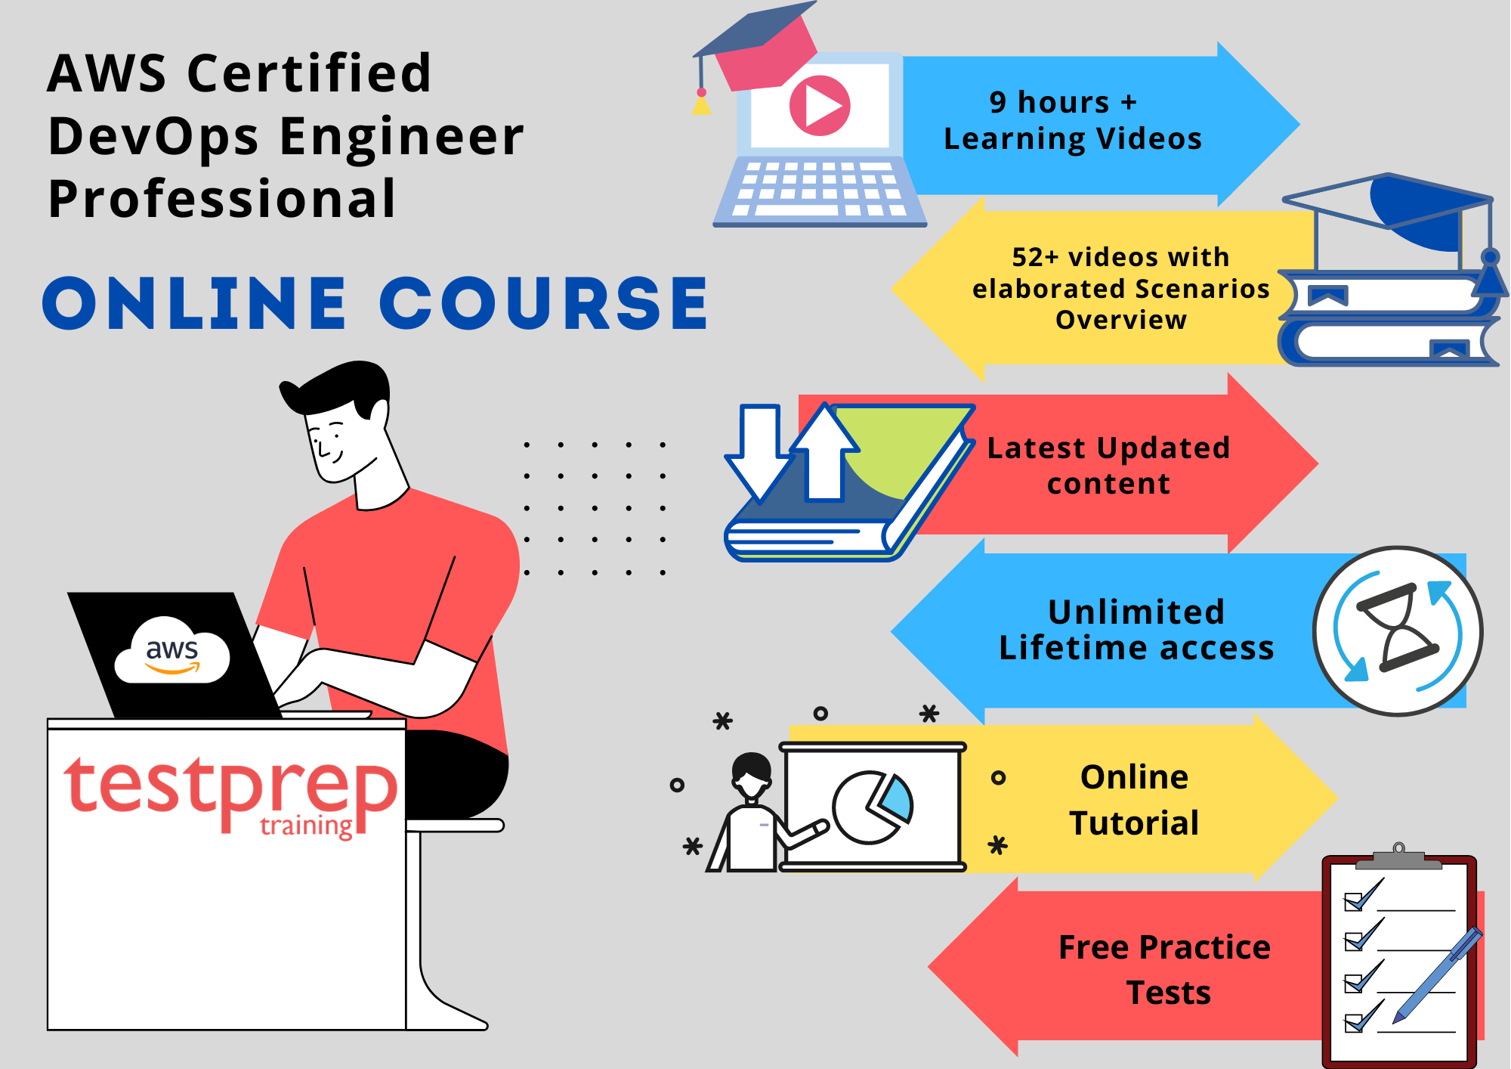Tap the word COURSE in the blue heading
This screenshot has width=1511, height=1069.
(543, 303)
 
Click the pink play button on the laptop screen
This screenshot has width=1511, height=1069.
(820, 106)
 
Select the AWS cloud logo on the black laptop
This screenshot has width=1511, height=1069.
(172, 650)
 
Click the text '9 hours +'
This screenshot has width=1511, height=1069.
(1063, 101)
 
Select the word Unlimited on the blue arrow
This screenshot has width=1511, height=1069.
(1136, 612)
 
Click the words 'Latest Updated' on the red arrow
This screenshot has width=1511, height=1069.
(1108, 448)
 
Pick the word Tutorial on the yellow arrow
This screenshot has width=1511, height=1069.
(1134, 823)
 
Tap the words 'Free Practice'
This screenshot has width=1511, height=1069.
(1164, 947)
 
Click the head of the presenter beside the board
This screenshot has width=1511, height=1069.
(752, 776)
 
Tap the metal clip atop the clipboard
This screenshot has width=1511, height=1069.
(1398, 857)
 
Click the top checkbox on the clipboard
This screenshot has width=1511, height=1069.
(1353, 901)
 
